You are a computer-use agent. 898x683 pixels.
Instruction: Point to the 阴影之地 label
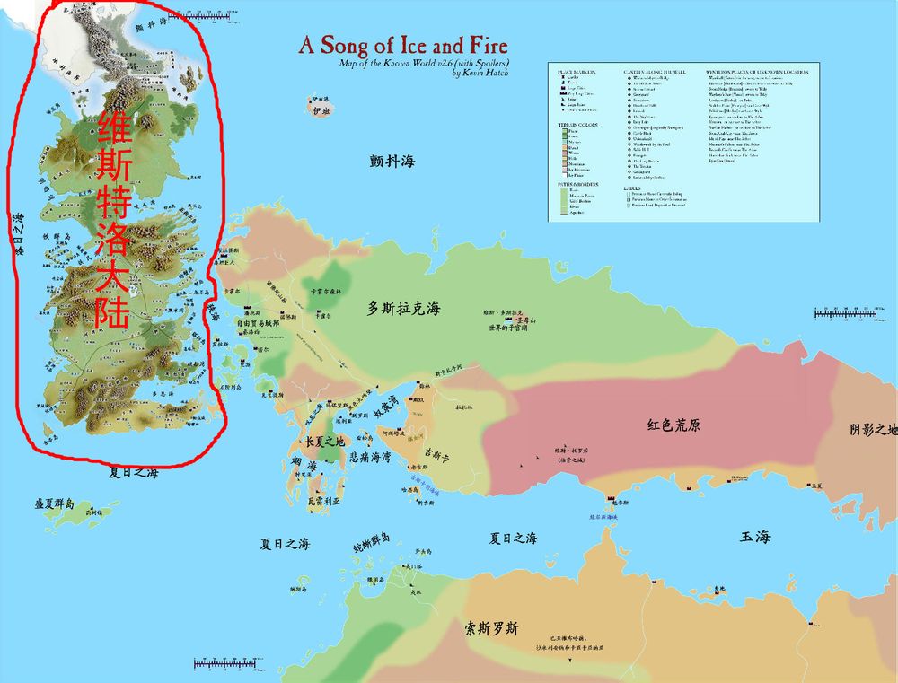point(873,429)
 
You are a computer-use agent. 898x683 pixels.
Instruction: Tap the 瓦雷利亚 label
point(324,503)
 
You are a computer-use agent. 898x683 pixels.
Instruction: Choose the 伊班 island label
point(316,110)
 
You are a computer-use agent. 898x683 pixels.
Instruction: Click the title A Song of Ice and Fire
point(403,46)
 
